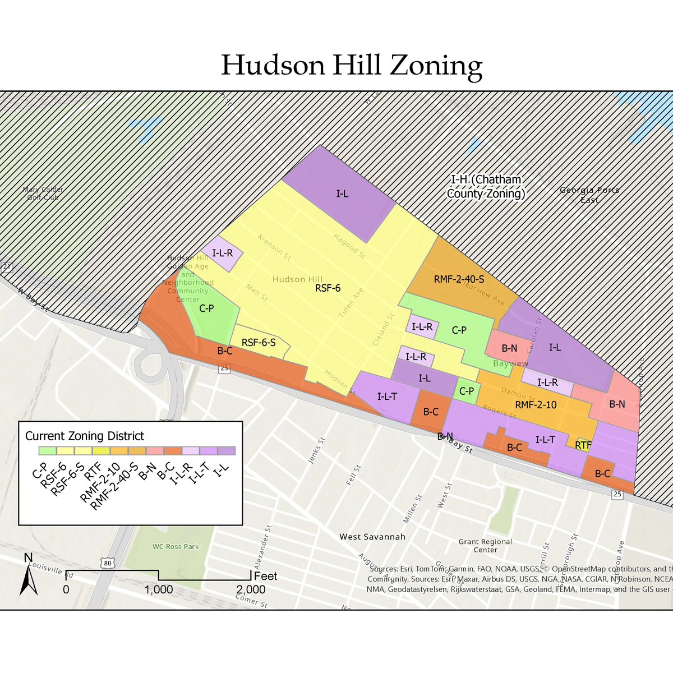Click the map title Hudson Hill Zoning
(352, 65)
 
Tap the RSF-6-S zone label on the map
(259, 343)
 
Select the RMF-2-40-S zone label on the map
(459, 279)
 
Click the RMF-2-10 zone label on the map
(536, 404)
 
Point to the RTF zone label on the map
(583, 445)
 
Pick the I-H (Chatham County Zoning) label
(486, 187)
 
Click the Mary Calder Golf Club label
(43, 193)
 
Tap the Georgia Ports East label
(589, 195)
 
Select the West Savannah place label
(372, 537)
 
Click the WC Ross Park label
(176, 547)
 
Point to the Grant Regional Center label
(485, 546)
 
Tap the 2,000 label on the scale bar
(251, 589)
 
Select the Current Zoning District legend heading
(85, 436)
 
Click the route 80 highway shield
(107, 563)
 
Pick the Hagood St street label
(349, 246)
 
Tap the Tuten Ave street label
(351, 303)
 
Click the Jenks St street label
(317, 451)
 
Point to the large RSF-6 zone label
(328, 288)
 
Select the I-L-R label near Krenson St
(222, 253)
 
